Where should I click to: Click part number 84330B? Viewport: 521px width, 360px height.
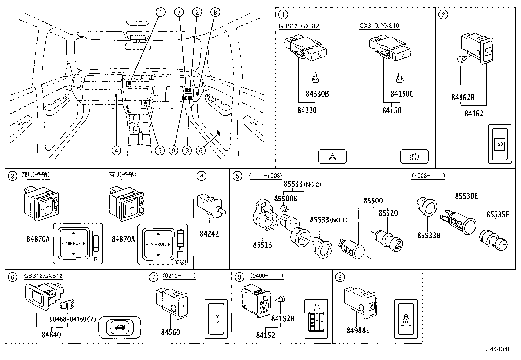pyautogui.click(x=317, y=94)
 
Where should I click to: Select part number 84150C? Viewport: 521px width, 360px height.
pyautogui.click(x=402, y=94)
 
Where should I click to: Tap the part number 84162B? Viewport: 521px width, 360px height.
pyautogui.click(x=463, y=97)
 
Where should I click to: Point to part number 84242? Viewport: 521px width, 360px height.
pyautogui.click(x=209, y=234)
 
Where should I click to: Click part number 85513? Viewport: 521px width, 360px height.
pyautogui.click(x=262, y=245)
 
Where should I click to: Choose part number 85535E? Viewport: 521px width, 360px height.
pyautogui.click(x=497, y=214)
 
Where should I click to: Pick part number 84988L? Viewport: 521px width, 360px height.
pyautogui.click(x=358, y=331)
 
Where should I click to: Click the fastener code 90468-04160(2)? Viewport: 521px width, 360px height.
pyautogui.click(x=73, y=319)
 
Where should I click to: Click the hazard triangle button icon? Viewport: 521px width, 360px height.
pyautogui.click(x=332, y=157)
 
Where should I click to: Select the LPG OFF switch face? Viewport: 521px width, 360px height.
pyautogui.click(x=216, y=319)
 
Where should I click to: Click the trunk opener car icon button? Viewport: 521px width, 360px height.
pyautogui.click(x=120, y=328)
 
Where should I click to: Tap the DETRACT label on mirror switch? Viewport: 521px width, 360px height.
pyautogui.click(x=180, y=262)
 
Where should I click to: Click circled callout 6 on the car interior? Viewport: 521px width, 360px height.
pyautogui.click(x=201, y=150)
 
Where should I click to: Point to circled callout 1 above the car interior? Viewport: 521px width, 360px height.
pyautogui.click(x=160, y=12)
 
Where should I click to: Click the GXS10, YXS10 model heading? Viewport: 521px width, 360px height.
pyautogui.click(x=379, y=26)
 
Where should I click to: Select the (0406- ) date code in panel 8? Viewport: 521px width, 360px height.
pyautogui.click(x=266, y=276)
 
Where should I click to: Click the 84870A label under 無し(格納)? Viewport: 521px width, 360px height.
pyautogui.click(x=38, y=239)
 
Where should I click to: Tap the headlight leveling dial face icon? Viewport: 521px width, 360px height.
pyautogui.click(x=316, y=319)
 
